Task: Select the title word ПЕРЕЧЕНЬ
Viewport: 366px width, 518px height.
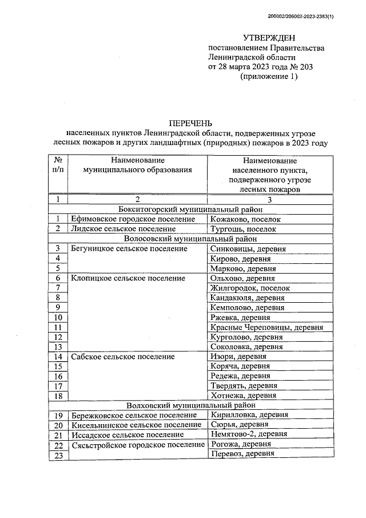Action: click(190, 123)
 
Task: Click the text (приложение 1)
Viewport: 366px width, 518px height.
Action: click(269, 77)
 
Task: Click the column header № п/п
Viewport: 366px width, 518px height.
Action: click(58, 165)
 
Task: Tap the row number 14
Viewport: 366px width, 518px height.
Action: click(58, 356)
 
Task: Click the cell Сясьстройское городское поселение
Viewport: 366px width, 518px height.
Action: click(138, 444)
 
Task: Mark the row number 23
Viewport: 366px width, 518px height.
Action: click(58, 454)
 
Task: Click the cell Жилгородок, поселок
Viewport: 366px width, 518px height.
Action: click(250, 288)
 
